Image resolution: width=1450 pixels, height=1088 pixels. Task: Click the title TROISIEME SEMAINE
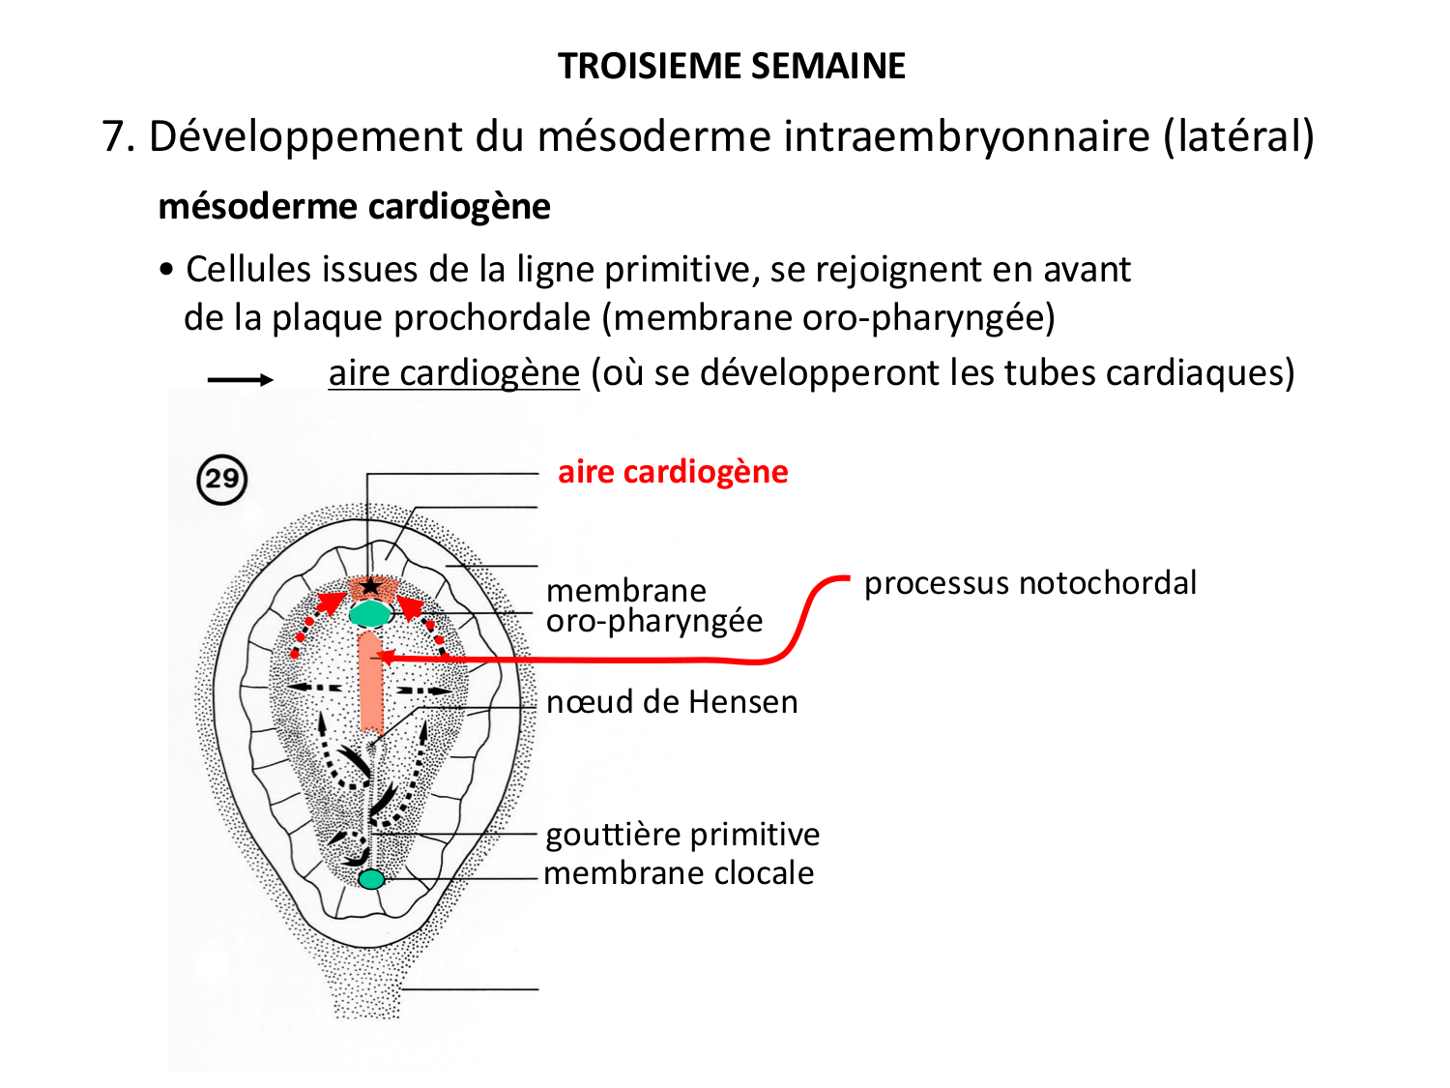tap(732, 67)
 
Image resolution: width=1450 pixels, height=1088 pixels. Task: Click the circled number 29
tap(222, 479)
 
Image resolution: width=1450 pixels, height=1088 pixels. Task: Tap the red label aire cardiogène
tap(673, 472)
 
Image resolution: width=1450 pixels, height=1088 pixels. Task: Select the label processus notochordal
tap(1029, 583)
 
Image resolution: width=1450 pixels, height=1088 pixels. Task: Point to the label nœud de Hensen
tap(672, 701)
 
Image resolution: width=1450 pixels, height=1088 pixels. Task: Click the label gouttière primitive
tap(682, 834)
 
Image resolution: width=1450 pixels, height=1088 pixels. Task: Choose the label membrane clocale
tap(679, 872)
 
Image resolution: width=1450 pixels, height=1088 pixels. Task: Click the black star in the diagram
tap(370, 586)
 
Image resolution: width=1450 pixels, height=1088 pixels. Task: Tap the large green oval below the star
tap(369, 613)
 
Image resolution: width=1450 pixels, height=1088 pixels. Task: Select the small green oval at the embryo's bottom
tap(371, 879)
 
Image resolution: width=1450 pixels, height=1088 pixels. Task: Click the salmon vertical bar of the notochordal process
tap(371, 682)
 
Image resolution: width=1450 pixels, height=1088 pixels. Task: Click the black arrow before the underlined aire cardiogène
tap(241, 380)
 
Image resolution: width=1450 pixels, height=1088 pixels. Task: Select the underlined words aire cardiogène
tap(453, 373)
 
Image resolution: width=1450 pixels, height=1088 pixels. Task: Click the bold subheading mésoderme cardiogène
tap(354, 207)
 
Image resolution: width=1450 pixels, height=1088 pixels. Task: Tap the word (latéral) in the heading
tap(1238, 136)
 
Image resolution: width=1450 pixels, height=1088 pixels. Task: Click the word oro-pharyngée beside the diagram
tap(654, 621)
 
